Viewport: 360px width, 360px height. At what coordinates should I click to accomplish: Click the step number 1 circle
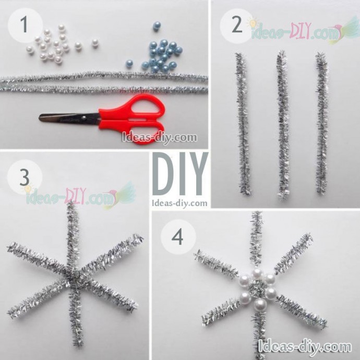coord(25,25)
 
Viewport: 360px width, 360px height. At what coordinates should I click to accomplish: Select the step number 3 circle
coord(25,177)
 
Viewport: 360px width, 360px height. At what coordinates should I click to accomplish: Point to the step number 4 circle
coord(178,237)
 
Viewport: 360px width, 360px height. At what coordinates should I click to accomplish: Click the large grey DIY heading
coord(180,174)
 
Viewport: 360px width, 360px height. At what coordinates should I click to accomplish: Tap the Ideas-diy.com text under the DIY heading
coord(179,203)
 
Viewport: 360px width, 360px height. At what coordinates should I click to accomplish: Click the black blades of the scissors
coord(69,118)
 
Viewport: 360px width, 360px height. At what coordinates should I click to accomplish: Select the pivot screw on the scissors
coord(84,118)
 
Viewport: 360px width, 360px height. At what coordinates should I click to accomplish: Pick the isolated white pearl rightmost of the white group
coord(95,43)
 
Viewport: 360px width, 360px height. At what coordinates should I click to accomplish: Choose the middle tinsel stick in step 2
coord(283,125)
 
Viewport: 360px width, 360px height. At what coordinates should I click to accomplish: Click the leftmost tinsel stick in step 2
coord(243,124)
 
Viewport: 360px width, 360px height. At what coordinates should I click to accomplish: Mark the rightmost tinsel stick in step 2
coord(322,123)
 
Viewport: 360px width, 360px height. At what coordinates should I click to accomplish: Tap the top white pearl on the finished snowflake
coord(257,274)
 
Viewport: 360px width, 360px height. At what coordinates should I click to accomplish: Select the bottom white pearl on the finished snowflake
coord(260,305)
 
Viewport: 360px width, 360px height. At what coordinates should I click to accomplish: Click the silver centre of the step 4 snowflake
coord(257,289)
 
